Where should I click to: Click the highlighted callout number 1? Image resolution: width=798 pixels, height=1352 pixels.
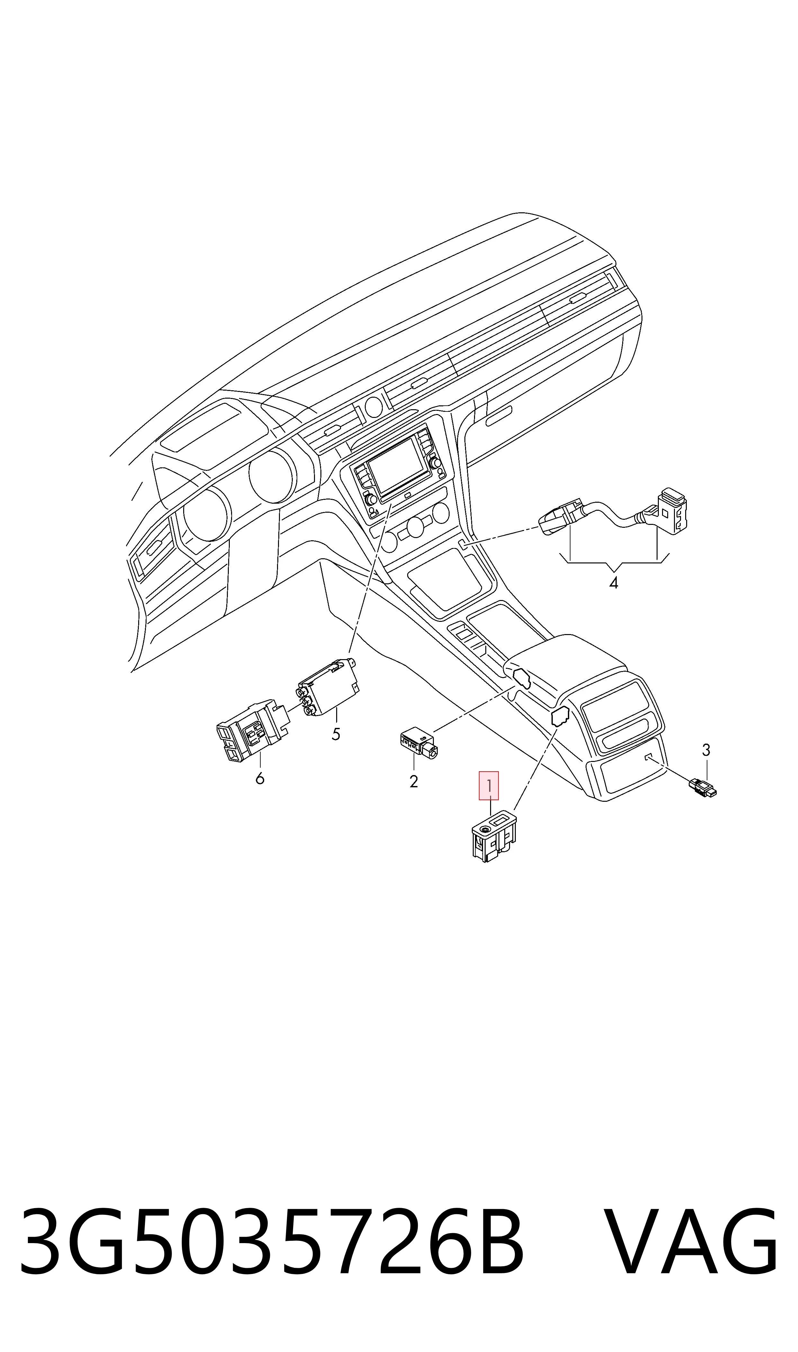click(x=489, y=786)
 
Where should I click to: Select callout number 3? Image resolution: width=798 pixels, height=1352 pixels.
click(x=706, y=750)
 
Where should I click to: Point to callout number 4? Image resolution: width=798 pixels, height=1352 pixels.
click(x=614, y=583)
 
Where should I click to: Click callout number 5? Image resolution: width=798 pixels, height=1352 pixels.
click(x=336, y=734)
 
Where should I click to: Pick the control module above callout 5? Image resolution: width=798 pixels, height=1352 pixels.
click(x=328, y=688)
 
